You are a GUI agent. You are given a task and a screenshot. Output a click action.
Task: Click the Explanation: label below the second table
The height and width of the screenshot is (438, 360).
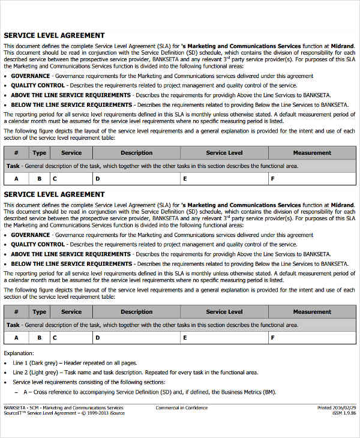pos(19,353)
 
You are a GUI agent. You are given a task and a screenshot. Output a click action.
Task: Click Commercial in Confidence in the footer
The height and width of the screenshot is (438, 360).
pos(182,408)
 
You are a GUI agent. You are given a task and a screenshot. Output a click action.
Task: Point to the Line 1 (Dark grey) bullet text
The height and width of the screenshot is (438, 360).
pos(74,363)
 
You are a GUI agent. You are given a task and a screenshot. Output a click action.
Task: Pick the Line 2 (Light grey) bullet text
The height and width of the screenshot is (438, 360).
pos(135,373)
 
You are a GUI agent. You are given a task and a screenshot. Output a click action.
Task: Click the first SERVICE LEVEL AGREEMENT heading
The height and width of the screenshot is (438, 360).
pos(55,35)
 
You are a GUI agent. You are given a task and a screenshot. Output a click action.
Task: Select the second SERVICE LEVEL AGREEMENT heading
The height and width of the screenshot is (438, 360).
pos(55,194)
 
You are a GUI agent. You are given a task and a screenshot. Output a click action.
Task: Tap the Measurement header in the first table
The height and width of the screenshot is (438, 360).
pos(312,153)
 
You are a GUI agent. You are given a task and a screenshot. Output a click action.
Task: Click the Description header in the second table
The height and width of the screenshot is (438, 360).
pos(136,312)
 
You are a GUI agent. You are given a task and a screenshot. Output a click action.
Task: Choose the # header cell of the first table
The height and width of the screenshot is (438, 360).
pos(16,153)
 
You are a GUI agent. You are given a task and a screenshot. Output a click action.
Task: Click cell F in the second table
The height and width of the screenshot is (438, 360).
pos(273,337)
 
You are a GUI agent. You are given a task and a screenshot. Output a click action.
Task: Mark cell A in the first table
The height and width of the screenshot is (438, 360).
pos(16,179)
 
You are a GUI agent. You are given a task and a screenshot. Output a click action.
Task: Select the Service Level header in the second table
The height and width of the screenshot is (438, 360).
pos(224,312)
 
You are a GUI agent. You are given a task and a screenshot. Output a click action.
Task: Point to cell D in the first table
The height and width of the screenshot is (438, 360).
pos(97,179)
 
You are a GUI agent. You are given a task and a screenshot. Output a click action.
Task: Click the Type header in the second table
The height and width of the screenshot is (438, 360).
pos(40,312)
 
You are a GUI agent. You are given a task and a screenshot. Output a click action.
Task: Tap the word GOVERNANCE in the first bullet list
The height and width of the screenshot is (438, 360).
pos(30,76)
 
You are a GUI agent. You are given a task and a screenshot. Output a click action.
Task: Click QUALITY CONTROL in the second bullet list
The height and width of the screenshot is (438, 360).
pos(38,245)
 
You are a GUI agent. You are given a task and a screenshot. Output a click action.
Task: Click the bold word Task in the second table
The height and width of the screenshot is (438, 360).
pos(13,325)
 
